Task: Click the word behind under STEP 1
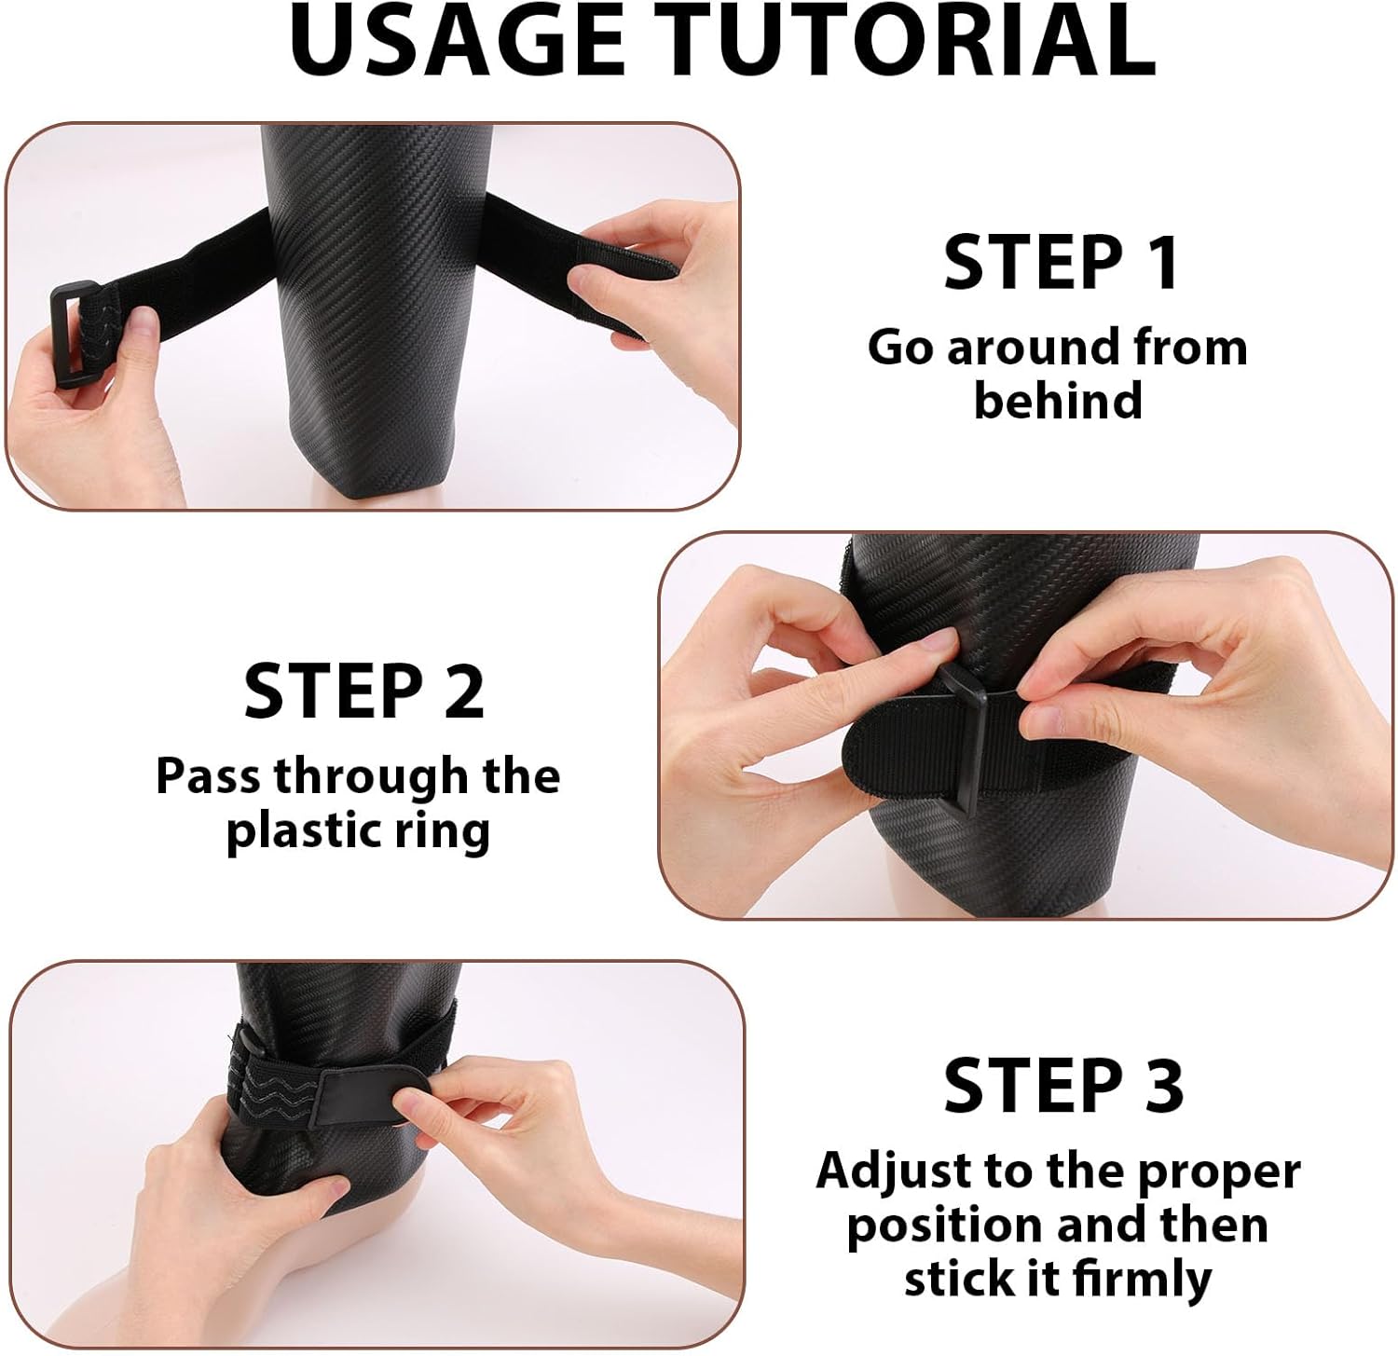pos(1058,401)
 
